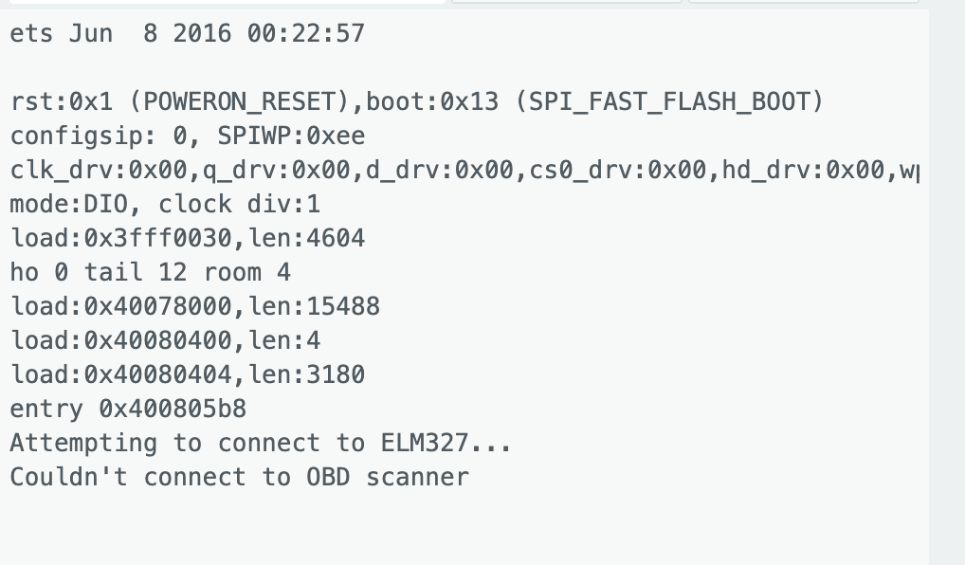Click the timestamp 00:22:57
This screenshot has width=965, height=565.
click(x=306, y=33)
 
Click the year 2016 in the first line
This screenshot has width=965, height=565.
click(x=203, y=33)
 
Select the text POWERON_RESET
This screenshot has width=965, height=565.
click(x=240, y=101)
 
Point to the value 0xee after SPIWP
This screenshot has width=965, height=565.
click(x=336, y=136)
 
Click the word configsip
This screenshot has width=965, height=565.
click(x=77, y=136)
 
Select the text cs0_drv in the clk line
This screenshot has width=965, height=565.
click(x=580, y=170)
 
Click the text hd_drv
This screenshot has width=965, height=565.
click(x=766, y=170)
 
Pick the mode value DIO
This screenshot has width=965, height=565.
click(x=106, y=204)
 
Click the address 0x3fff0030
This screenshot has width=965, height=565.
click(x=158, y=238)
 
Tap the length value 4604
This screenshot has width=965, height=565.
click(x=336, y=238)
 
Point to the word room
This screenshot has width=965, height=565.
click(x=232, y=272)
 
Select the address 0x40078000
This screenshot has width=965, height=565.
click(x=158, y=306)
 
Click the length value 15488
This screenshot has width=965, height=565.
click(x=343, y=306)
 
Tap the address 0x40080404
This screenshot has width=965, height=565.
click(x=158, y=374)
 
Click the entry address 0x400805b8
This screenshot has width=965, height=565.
click(x=173, y=408)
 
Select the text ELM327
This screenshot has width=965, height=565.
click(x=426, y=443)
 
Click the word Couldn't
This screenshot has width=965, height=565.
click(x=69, y=477)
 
